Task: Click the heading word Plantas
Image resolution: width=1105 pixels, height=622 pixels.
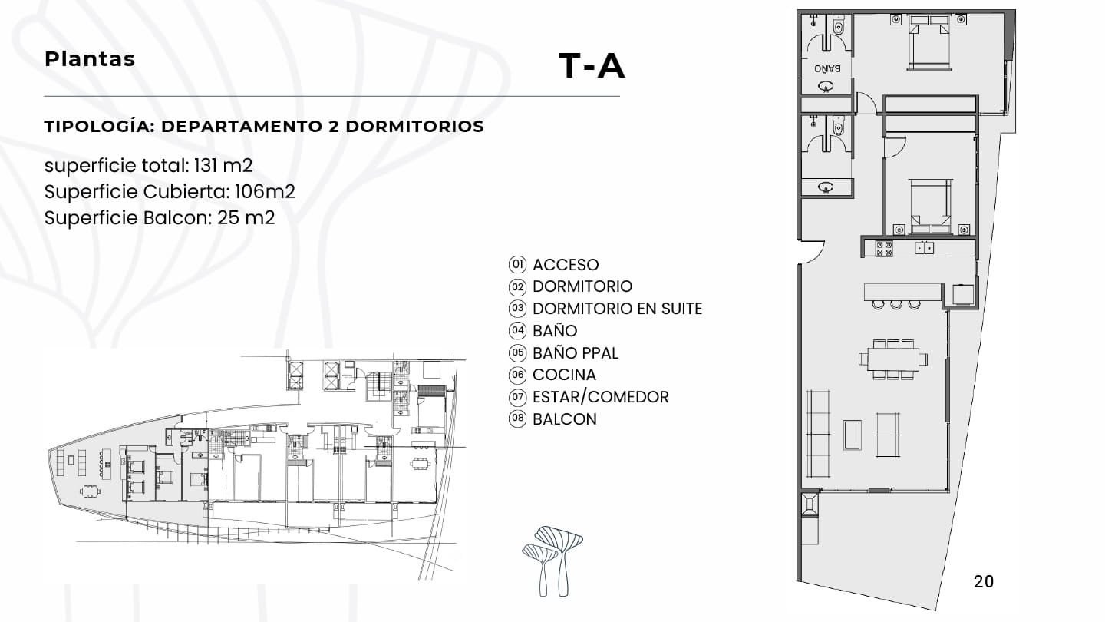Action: [x=90, y=59]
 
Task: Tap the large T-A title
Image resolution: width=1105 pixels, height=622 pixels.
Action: [x=592, y=66]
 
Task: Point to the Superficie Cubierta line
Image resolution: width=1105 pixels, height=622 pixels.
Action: [x=170, y=191]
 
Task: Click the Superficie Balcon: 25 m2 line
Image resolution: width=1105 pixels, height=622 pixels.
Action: [x=160, y=217]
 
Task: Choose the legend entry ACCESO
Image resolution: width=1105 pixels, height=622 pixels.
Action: [x=566, y=265]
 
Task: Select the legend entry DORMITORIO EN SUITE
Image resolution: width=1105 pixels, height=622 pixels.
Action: [x=617, y=309]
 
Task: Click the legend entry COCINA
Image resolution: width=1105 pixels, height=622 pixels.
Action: [x=564, y=375]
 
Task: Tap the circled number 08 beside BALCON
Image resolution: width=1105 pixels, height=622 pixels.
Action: [x=517, y=419]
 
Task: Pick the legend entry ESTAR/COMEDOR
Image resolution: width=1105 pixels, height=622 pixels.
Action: [x=600, y=397]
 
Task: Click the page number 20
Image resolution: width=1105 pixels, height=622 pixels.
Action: [x=983, y=581]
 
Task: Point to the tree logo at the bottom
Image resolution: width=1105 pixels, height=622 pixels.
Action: [x=552, y=561]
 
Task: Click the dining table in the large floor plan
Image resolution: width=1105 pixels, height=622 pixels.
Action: [x=892, y=359]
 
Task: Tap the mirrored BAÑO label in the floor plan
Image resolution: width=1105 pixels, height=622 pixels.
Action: [x=827, y=68]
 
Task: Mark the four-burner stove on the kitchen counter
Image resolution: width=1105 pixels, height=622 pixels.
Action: [x=884, y=248]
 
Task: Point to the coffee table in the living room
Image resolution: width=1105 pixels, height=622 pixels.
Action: [x=852, y=435]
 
